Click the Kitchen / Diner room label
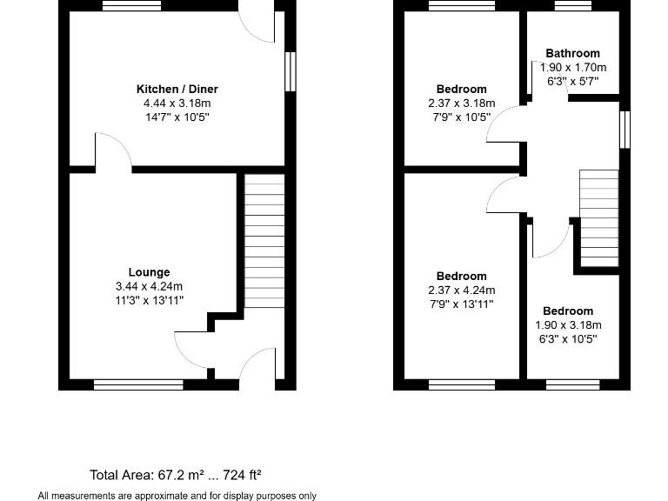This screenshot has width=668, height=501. (x=177, y=90)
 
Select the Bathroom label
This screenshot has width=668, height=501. (x=573, y=54)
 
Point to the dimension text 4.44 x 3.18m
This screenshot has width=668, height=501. (x=177, y=103)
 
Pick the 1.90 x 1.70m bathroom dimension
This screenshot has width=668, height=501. (x=573, y=67)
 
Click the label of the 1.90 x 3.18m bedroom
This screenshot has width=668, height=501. (x=568, y=311)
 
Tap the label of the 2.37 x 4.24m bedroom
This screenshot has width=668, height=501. (x=461, y=277)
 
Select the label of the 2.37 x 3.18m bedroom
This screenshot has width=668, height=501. (x=461, y=90)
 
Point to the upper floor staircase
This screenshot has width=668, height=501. (x=598, y=217)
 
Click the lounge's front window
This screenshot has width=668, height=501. (x=138, y=382)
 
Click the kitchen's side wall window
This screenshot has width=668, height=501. (x=290, y=71)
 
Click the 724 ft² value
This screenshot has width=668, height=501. (x=242, y=475)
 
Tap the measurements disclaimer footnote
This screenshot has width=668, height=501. (x=177, y=495)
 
